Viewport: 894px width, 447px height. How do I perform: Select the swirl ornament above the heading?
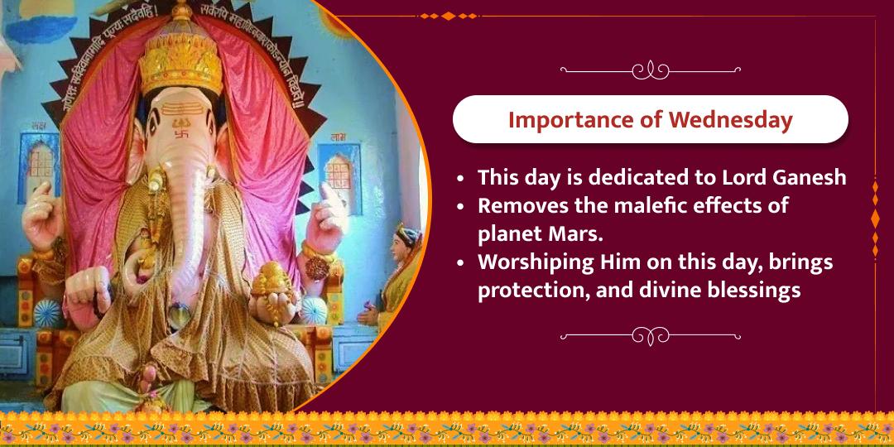point(650,70)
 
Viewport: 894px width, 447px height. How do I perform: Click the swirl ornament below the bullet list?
point(650,335)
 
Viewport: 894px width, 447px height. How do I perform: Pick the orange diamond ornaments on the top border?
point(447,16)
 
